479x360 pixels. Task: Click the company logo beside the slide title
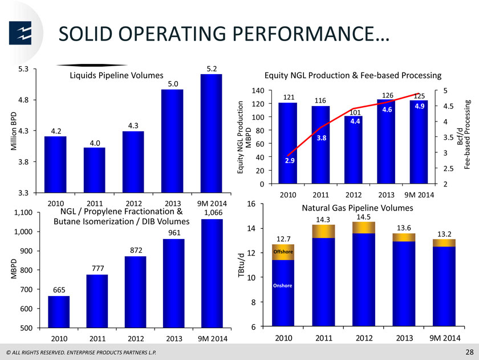pyautogui.click(x=20, y=33)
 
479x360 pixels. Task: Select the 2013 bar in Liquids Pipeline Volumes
pyautogui.click(x=172, y=141)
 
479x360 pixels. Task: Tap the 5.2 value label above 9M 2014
pyautogui.click(x=212, y=69)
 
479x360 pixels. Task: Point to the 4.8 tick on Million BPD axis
pyautogui.click(x=23, y=100)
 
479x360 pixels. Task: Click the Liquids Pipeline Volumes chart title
pyautogui.click(x=117, y=75)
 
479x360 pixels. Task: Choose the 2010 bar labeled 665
pyautogui.click(x=59, y=312)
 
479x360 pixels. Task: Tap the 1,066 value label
pyautogui.click(x=213, y=213)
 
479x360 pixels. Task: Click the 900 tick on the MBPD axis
pyautogui.click(x=26, y=251)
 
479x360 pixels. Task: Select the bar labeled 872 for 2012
pyautogui.click(x=135, y=292)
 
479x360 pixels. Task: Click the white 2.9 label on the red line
pyautogui.click(x=290, y=161)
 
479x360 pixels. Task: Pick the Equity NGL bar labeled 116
pyautogui.click(x=320, y=144)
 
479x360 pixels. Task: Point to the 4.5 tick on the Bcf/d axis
pyautogui.click(x=448, y=106)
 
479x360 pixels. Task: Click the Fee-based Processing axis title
pyautogui.click(x=467, y=135)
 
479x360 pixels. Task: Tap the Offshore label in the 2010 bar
pyautogui.click(x=283, y=252)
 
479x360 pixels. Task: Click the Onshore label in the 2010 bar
pyautogui.click(x=283, y=286)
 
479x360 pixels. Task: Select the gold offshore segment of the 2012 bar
pyautogui.click(x=364, y=228)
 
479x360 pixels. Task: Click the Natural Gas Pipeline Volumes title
pyautogui.click(x=358, y=208)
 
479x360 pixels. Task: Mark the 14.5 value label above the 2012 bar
pyautogui.click(x=364, y=217)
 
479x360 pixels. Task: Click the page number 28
pyautogui.click(x=469, y=352)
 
